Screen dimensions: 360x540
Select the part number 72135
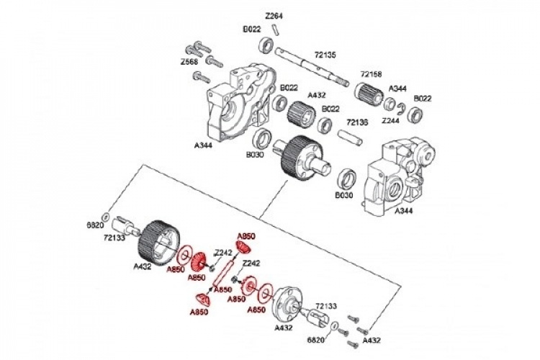coord(326,53)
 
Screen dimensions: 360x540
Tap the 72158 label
coord(371,73)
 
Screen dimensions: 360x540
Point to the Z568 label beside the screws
coord(190,63)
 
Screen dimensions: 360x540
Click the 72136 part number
coord(358,123)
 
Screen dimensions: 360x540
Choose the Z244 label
coord(391,120)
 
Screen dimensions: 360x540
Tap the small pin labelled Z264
coord(275,28)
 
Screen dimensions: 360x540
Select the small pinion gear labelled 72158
coord(367,91)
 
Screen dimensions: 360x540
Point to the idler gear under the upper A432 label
coord(298,115)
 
